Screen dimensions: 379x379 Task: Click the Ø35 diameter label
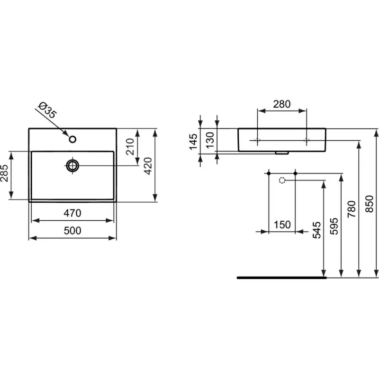click(x=47, y=110)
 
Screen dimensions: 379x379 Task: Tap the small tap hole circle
click(x=72, y=139)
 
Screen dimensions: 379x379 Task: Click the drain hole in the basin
click(x=72, y=166)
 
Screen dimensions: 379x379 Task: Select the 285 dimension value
click(x=4, y=173)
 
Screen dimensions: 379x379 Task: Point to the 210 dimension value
click(x=130, y=146)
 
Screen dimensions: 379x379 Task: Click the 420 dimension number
click(x=148, y=166)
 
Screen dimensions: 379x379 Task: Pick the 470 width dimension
click(x=72, y=213)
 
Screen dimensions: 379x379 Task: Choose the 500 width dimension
click(x=72, y=231)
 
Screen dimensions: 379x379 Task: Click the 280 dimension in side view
click(x=282, y=104)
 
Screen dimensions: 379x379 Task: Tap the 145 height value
click(x=193, y=142)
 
